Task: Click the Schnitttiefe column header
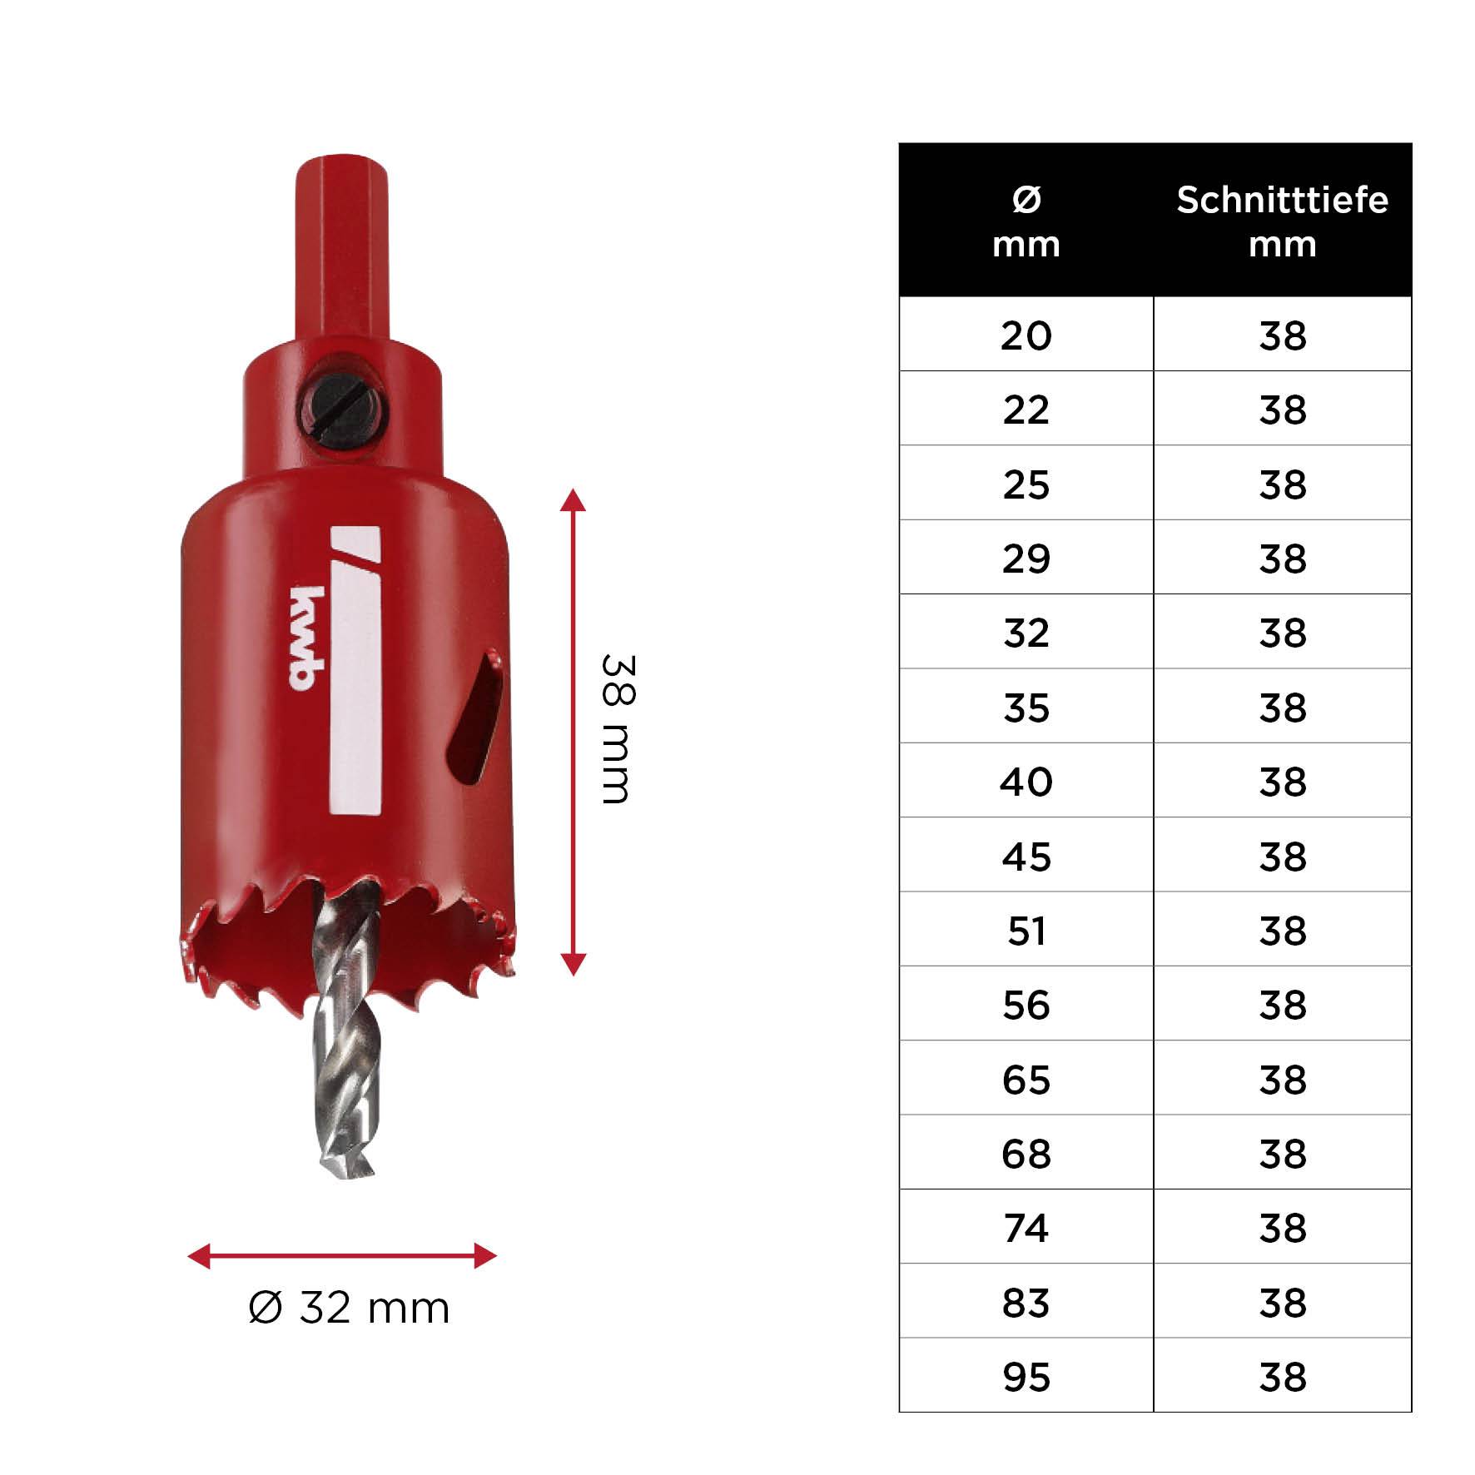[x=1282, y=221]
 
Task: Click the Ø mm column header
[x=1026, y=221]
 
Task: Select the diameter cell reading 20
[x=1026, y=335]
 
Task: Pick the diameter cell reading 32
[x=1026, y=633]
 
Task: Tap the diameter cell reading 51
[x=1026, y=931]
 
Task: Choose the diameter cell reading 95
[x=1026, y=1378]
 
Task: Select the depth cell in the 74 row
[x=1282, y=1229]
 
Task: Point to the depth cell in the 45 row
[x=1282, y=857]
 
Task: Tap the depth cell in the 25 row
[x=1282, y=484]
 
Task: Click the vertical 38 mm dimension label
[x=618, y=729]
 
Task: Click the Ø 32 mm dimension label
[x=349, y=1308]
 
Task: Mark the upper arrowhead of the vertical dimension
[x=573, y=500]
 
